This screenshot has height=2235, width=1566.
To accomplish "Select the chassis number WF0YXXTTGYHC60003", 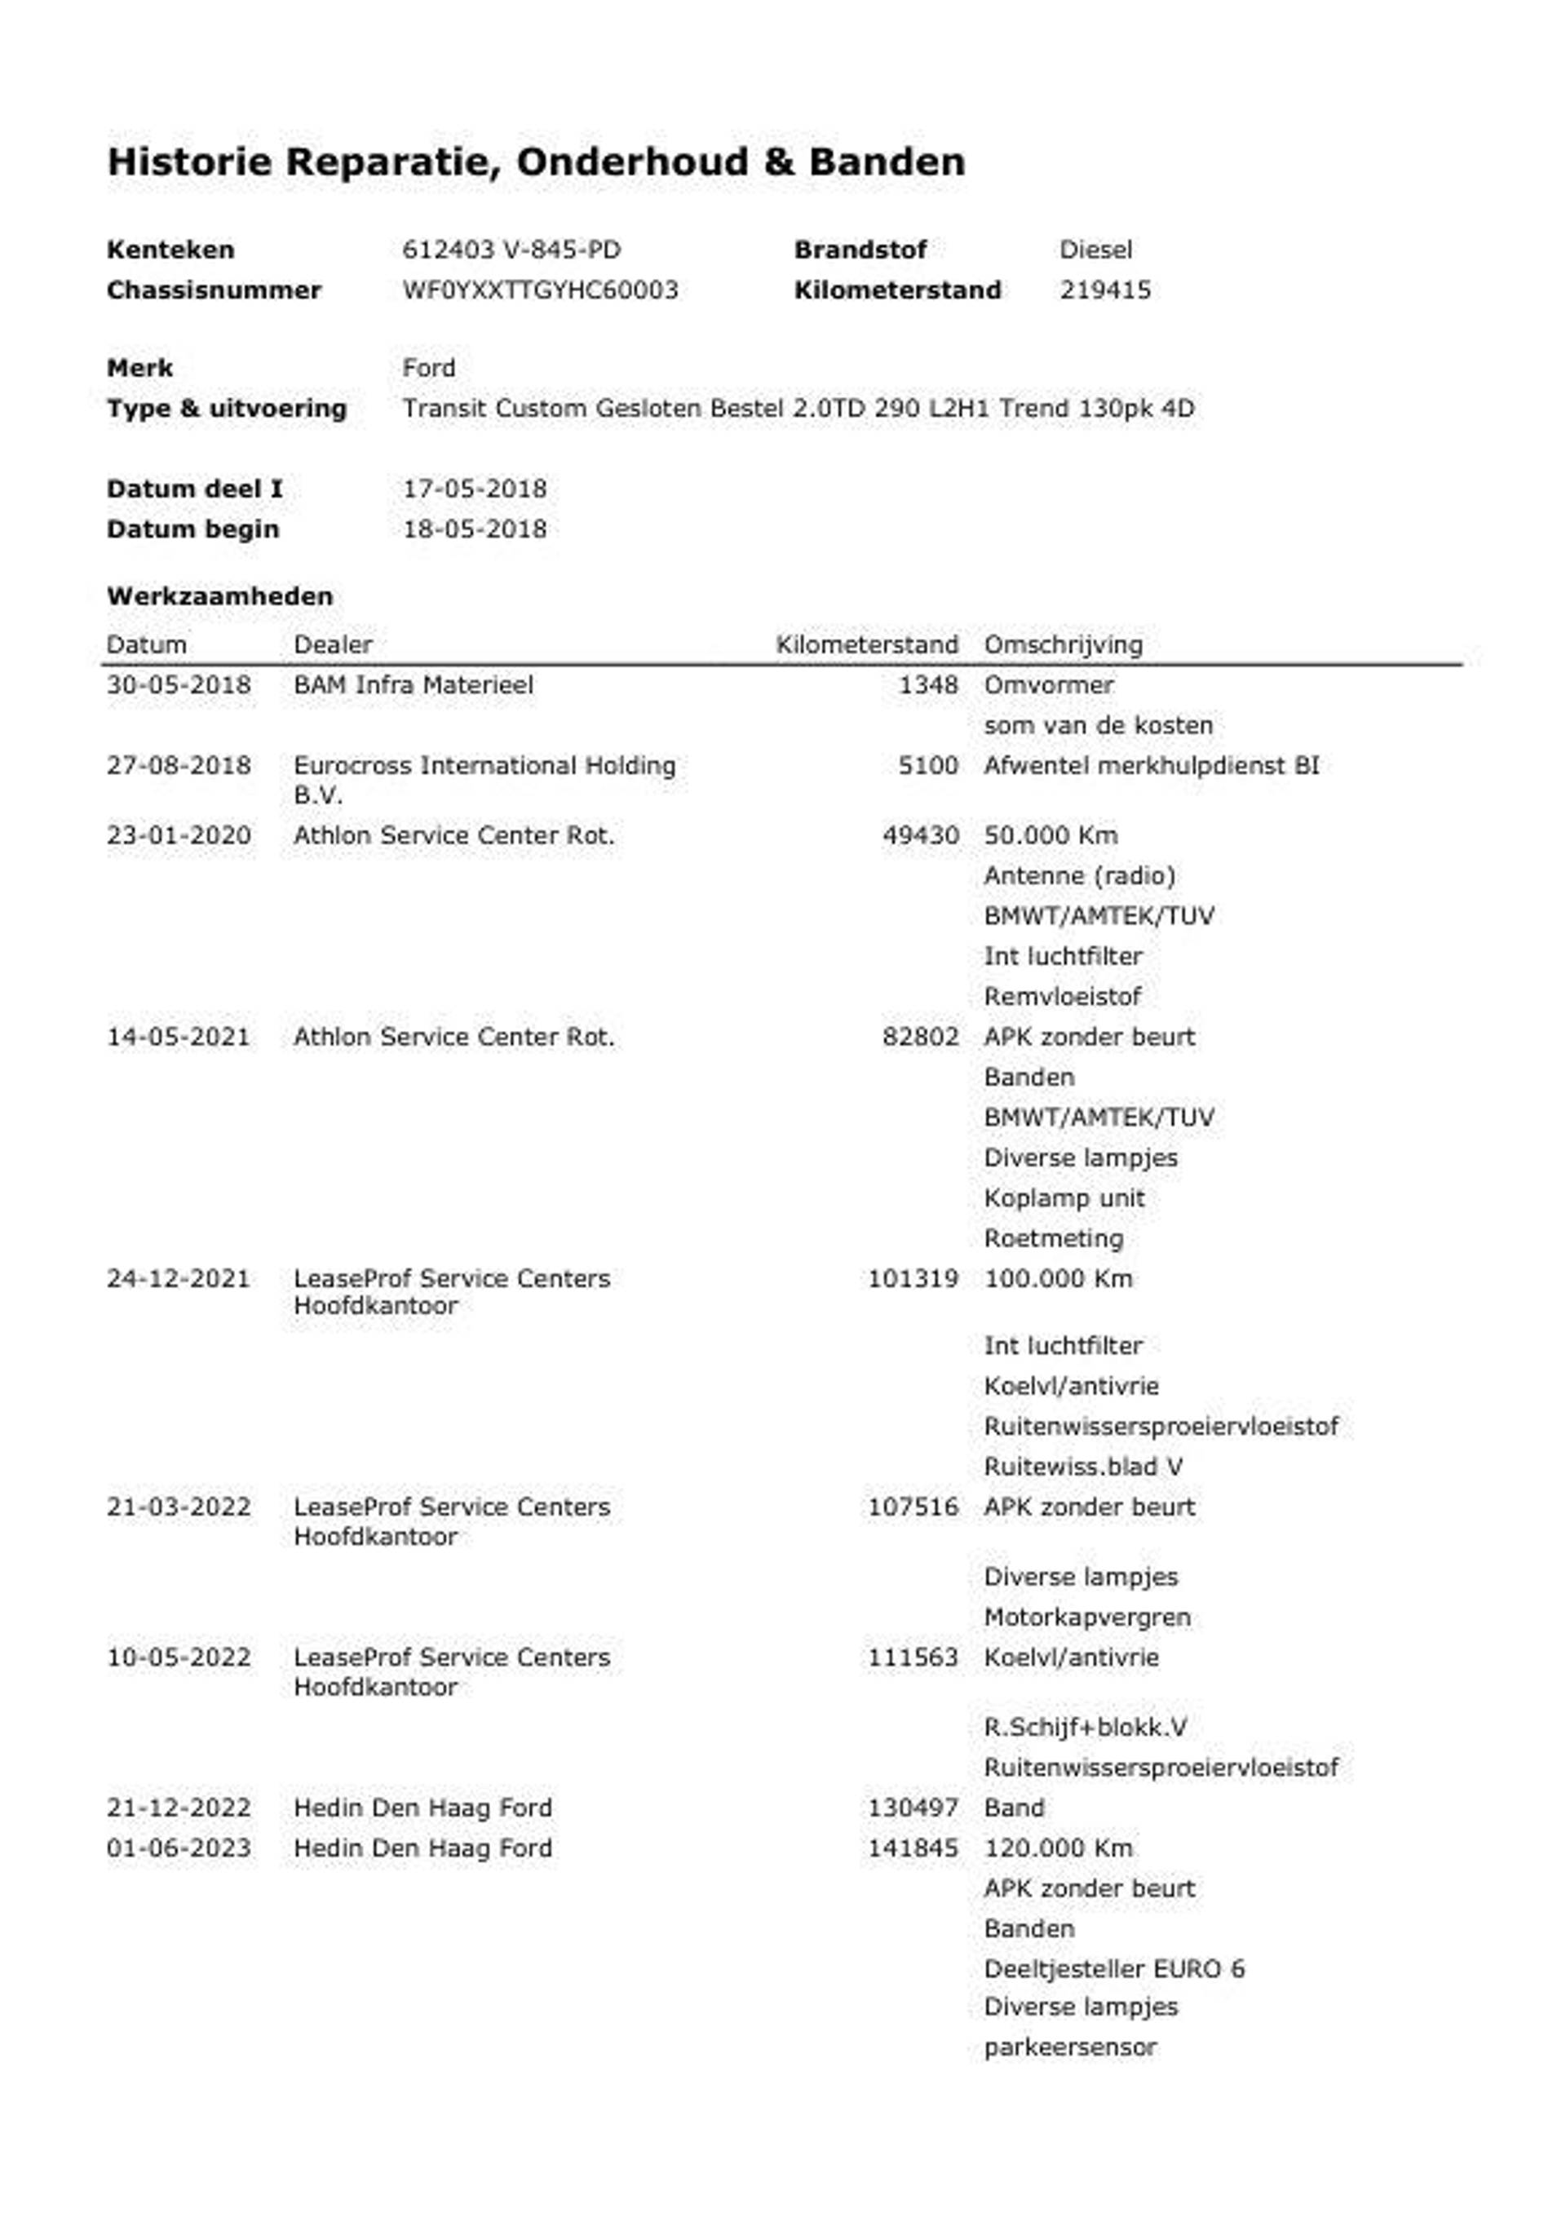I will (540, 290).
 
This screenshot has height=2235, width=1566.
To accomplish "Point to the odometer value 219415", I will (1104, 290).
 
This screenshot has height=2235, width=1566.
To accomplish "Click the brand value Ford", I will (428, 368).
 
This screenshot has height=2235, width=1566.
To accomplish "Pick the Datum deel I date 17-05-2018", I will (474, 489).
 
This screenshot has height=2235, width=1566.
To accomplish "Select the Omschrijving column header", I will (1063, 644).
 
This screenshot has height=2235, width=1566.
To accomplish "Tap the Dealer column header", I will (333, 644).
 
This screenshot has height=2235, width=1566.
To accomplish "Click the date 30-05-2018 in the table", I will (178, 684).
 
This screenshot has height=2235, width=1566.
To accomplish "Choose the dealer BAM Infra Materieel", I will (413, 684).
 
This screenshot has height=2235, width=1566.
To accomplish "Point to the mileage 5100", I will (927, 765).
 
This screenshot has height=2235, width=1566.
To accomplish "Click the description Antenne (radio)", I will (1078, 875).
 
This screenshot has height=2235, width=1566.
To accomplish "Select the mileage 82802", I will (920, 1037).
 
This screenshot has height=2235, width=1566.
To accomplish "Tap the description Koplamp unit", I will (1064, 1197).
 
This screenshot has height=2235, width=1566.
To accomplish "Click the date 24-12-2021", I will (178, 1278).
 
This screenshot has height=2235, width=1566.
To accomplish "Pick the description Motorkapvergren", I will (1086, 1617).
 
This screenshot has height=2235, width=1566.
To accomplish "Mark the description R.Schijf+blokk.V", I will (1084, 1727).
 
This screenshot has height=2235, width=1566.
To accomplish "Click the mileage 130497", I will (912, 1808).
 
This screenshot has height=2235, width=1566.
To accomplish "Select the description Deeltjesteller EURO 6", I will (1113, 1968).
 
